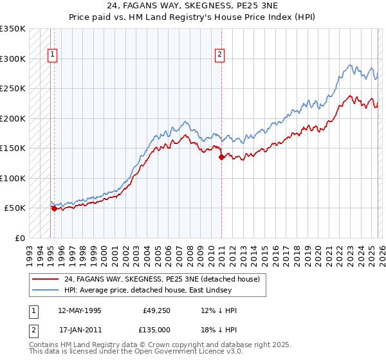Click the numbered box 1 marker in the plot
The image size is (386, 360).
[x=51, y=55]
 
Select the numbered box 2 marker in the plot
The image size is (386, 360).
[x=219, y=55]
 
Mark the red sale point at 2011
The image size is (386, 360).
[x=221, y=156]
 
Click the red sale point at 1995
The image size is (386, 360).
[x=54, y=208]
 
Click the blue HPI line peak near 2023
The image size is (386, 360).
[x=350, y=65]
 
